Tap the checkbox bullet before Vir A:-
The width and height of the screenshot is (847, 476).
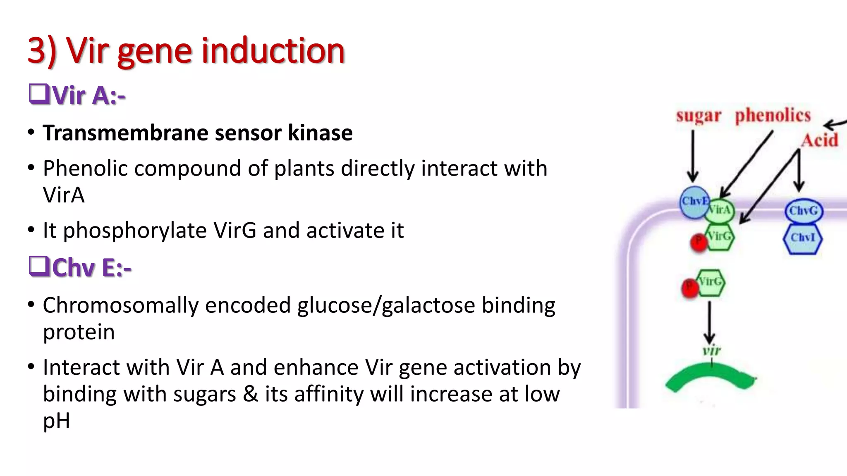coord(39,94)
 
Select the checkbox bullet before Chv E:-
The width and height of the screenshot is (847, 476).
coord(39,266)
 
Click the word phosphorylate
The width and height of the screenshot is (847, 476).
coord(135,231)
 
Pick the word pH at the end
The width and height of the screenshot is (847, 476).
coord(56,421)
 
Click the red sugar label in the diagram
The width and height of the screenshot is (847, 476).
coord(699,116)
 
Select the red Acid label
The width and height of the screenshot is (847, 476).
coord(819,140)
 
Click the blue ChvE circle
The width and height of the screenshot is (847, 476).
coord(694,202)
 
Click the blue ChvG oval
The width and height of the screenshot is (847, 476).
coord(804,211)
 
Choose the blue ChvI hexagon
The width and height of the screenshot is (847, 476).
coord(802,238)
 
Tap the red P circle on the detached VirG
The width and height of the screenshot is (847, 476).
coord(689,288)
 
